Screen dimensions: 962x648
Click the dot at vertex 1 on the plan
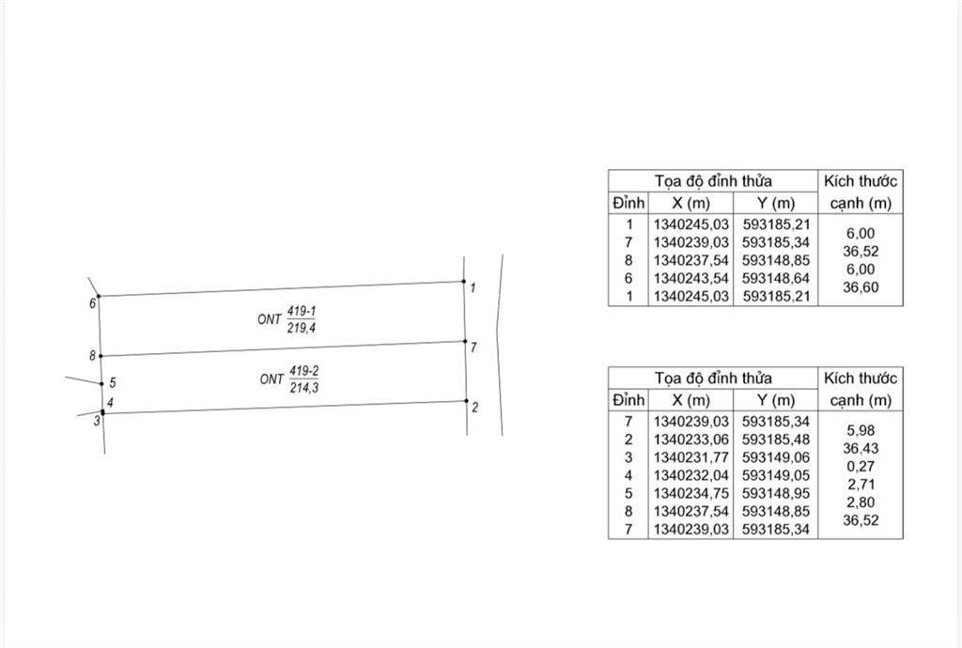coord(464,282)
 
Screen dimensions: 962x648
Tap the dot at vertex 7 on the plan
coord(465,342)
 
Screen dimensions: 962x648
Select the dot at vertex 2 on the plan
coord(466,401)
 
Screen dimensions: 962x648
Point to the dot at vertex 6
coord(99,296)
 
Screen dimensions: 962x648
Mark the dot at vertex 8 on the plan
coord(101,356)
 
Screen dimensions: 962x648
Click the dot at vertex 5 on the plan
coord(101,384)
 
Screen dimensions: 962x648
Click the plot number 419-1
coord(302,312)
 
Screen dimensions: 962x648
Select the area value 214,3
coord(304,388)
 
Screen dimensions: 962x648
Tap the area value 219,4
coord(302,329)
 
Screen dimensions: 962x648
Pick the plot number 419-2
coord(304,372)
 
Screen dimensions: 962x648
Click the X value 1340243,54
coord(690,278)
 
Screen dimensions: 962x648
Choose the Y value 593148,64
coord(775,278)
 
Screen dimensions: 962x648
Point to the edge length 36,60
coord(861,287)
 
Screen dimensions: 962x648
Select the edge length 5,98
coord(861,430)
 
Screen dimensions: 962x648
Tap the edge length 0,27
coord(861,467)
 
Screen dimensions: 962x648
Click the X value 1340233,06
coord(690,440)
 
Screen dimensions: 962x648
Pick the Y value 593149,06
coord(775,457)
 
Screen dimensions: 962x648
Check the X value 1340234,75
coord(690,493)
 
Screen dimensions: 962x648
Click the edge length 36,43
coord(861,448)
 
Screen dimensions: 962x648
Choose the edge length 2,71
coord(861,485)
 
